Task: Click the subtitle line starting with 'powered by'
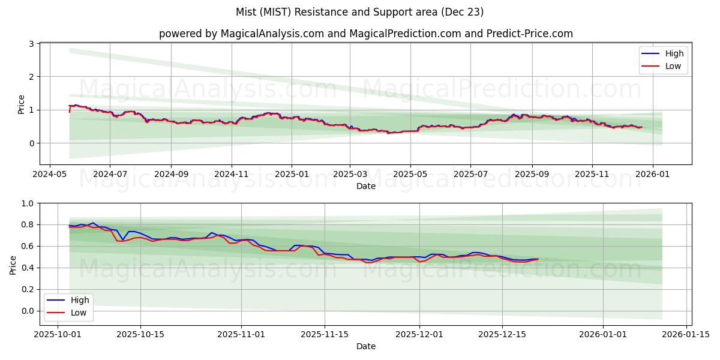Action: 366,34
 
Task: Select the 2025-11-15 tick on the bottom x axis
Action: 325,335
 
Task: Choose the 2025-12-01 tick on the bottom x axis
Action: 419,335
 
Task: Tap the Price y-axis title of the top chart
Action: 22,104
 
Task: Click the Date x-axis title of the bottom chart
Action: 366,346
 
